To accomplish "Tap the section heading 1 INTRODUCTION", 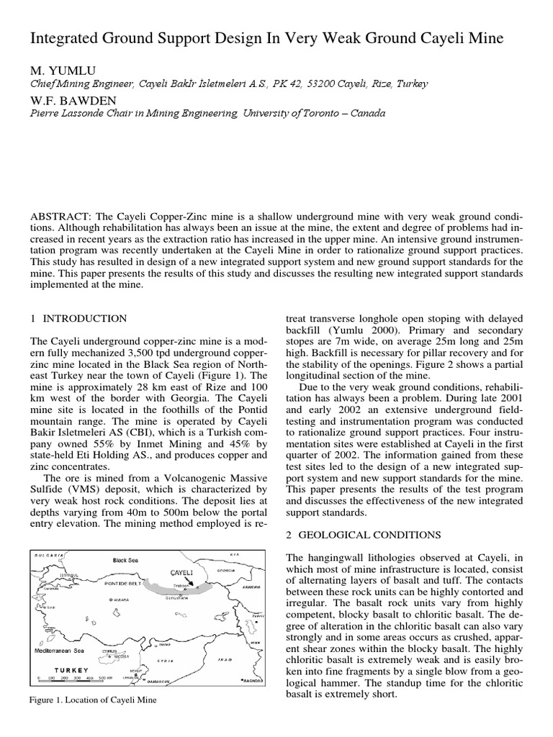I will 79,319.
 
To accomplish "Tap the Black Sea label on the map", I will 125,559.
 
